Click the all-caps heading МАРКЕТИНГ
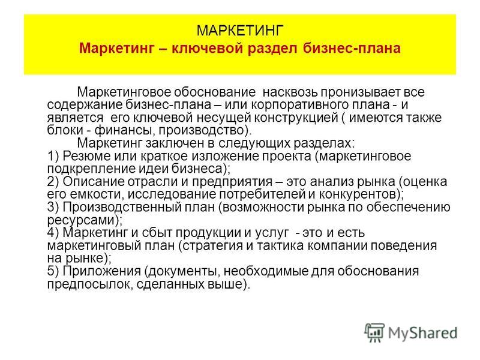click(x=240, y=31)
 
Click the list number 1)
click(x=53, y=157)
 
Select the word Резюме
click(x=86, y=157)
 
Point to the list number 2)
click(x=53, y=182)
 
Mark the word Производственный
click(x=122, y=208)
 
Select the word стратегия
click(x=214, y=246)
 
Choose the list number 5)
click(x=53, y=271)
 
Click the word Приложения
click(x=102, y=272)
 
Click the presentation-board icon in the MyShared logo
click(x=374, y=332)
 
